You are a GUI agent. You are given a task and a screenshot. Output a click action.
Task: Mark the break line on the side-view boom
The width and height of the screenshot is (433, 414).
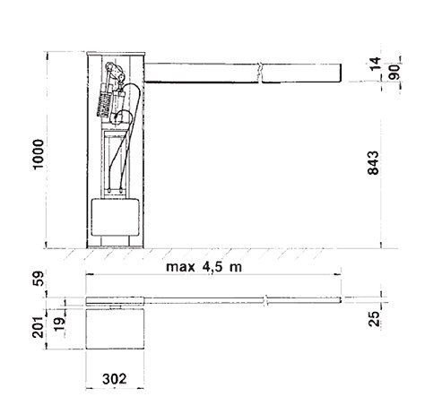(x=259, y=72)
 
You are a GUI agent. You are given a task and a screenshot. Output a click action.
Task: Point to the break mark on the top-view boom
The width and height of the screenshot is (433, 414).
(x=266, y=300)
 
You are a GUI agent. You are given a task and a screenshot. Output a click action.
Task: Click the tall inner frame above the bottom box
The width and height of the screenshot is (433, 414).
(x=115, y=161)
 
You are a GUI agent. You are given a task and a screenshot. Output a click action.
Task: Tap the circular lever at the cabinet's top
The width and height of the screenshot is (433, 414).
(x=111, y=71)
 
